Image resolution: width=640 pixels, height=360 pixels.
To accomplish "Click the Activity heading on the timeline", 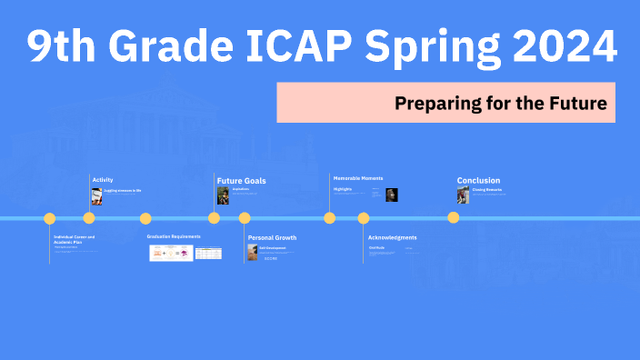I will tap(103, 180).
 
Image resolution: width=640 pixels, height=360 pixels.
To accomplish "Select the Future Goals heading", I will tap(242, 181).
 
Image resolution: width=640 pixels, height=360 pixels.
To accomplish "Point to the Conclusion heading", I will tap(478, 181).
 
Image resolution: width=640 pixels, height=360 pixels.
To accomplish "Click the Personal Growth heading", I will tap(272, 237).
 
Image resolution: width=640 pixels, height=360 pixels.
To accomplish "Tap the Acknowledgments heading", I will tap(392, 237).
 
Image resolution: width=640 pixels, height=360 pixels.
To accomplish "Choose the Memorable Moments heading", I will tap(358, 178).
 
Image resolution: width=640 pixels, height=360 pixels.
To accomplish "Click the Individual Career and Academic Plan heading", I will tap(74, 240).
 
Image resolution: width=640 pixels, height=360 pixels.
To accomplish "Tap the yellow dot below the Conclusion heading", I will tap(453, 218).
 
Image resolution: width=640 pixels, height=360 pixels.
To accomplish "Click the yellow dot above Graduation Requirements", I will tap(145, 218).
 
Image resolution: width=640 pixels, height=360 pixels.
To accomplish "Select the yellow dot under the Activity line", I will tap(89, 218).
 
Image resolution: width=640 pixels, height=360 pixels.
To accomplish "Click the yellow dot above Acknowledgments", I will tap(364, 218).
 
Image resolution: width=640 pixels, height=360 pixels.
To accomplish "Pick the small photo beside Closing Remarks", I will tap(463, 195).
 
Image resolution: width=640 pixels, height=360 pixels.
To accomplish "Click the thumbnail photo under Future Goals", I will tap(223, 195).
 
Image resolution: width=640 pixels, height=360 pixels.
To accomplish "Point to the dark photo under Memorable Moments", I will tap(392, 195).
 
